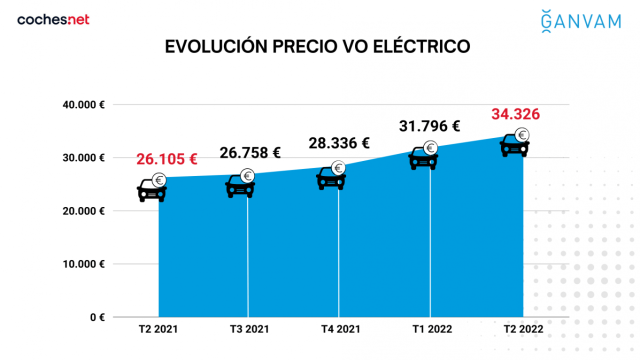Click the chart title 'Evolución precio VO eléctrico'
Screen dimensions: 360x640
click(317, 47)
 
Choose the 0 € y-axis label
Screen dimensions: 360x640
click(96, 317)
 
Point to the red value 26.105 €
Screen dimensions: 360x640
click(166, 159)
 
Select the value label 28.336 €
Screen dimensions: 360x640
click(339, 143)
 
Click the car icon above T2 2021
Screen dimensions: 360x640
click(152, 187)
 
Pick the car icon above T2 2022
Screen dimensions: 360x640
click(516, 144)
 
